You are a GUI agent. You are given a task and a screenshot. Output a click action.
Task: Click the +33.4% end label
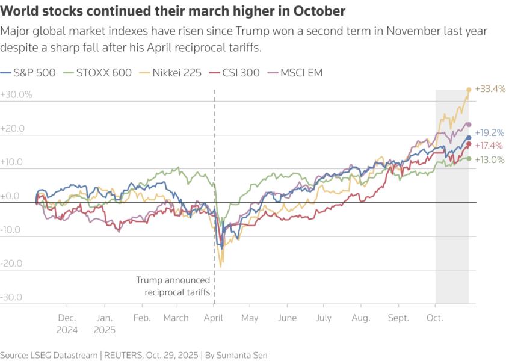(x=490, y=89)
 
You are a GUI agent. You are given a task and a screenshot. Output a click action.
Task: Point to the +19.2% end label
(x=489, y=133)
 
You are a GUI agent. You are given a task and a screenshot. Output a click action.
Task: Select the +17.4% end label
(x=489, y=146)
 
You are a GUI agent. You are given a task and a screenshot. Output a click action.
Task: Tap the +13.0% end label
(x=489, y=159)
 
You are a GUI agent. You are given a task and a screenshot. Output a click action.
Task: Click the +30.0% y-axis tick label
(x=16, y=95)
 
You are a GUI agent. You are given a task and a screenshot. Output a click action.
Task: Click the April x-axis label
(x=214, y=318)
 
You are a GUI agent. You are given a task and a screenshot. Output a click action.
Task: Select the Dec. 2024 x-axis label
(x=67, y=324)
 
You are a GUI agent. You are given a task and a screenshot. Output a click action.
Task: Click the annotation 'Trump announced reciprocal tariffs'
(x=173, y=286)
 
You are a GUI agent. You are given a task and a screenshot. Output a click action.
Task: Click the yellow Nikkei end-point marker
(x=469, y=90)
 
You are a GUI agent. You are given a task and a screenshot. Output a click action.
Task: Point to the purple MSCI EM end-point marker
(x=469, y=125)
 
